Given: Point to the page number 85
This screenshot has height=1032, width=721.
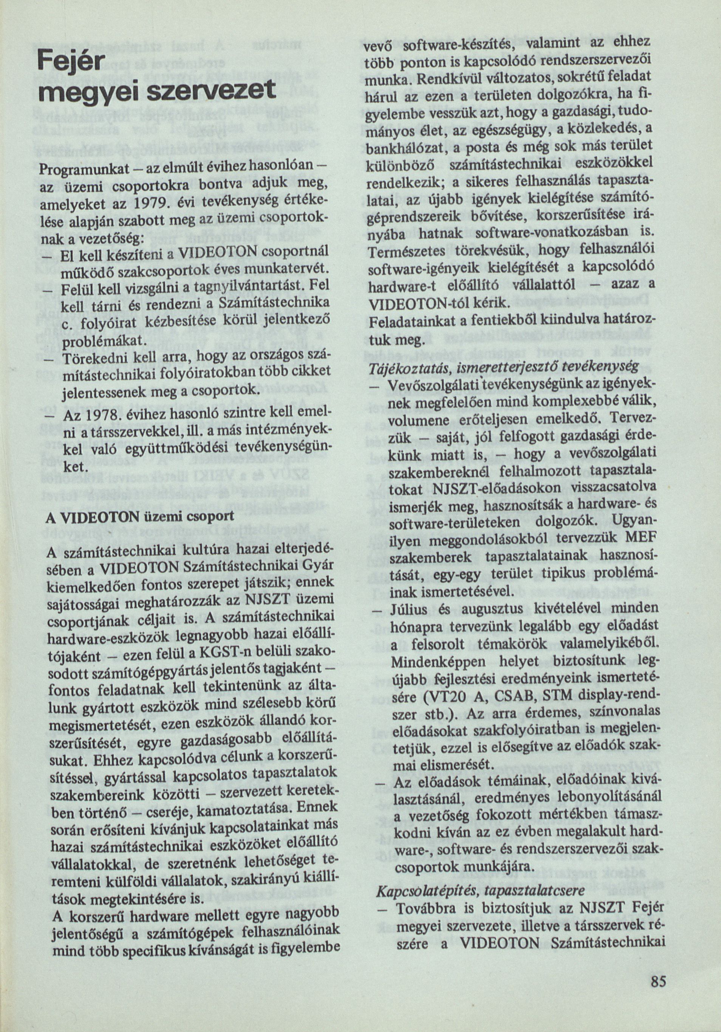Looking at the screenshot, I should pyautogui.click(x=658, y=981).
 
